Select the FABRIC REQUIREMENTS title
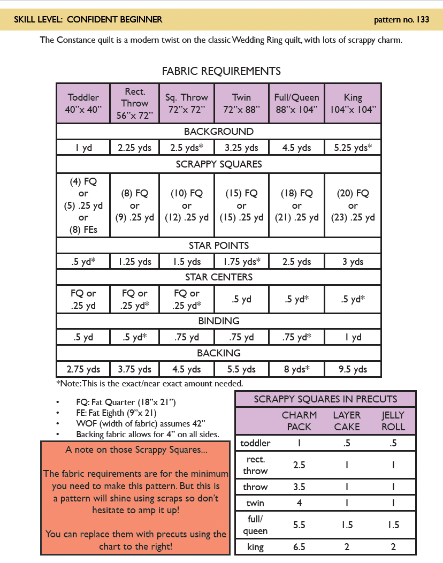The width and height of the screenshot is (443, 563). pyautogui.click(x=221, y=71)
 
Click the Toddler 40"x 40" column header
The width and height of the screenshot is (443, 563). pyautogui.click(x=83, y=103)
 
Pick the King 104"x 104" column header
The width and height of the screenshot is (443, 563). pyautogui.click(x=353, y=103)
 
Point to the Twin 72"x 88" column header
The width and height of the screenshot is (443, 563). pyautogui.click(x=241, y=103)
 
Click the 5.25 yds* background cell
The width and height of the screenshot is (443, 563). pyautogui.click(x=353, y=148)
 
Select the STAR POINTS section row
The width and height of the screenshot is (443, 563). pyautogui.click(x=219, y=246)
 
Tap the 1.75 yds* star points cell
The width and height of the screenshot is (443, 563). pyautogui.click(x=241, y=262)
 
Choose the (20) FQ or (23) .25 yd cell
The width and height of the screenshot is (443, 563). pyautogui.click(x=353, y=205)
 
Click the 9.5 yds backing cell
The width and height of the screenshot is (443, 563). pyautogui.click(x=353, y=369)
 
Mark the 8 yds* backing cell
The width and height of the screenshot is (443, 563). pyautogui.click(x=296, y=369)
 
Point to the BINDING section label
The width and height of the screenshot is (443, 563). pyautogui.click(x=219, y=321)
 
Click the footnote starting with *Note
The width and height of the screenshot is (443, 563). pyautogui.click(x=149, y=383)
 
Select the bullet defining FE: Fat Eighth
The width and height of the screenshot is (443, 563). pyautogui.click(x=116, y=413)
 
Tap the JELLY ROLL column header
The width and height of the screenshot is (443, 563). pyautogui.click(x=393, y=421)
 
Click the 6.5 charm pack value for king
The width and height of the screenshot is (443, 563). pyautogui.click(x=299, y=547)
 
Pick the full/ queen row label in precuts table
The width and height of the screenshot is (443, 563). pyautogui.click(x=255, y=526)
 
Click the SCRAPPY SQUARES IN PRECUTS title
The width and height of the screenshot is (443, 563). pyautogui.click(x=325, y=399)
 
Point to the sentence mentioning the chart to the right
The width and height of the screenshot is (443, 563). pyautogui.click(x=136, y=540)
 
